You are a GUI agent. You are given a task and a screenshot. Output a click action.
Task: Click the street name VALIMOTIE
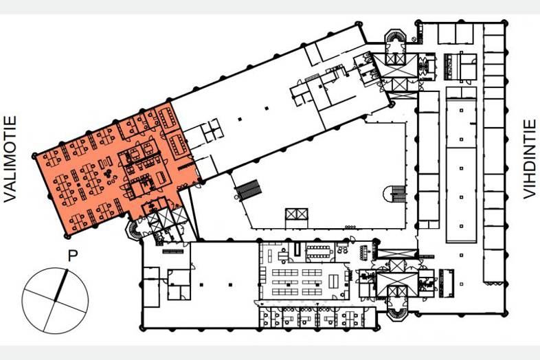(x=10, y=159)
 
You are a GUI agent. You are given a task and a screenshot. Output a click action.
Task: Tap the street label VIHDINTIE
(x=529, y=159)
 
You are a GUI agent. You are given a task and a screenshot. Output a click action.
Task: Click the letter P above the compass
(x=73, y=256)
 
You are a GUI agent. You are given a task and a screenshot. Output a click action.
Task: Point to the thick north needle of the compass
(x=60, y=286)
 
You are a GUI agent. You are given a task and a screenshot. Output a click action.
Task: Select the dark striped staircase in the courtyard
(x=248, y=190)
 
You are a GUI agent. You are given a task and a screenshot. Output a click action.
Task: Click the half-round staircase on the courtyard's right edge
(x=395, y=194)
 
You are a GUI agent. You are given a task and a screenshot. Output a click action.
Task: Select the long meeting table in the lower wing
(x=319, y=251)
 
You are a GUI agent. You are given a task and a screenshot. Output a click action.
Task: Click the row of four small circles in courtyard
(x=350, y=227)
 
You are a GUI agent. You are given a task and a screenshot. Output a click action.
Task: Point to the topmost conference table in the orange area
(x=168, y=117)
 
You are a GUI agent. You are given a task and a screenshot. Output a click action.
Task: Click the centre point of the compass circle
(x=55, y=301)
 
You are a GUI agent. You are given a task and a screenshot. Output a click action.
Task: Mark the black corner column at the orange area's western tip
(x=34, y=156)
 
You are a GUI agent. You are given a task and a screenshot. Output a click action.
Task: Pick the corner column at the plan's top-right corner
(x=506, y=23)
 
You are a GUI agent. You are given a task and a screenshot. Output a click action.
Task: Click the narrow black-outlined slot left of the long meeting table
(x=297, y=249)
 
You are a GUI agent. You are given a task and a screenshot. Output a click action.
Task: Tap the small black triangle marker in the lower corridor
(x=317, y=304)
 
